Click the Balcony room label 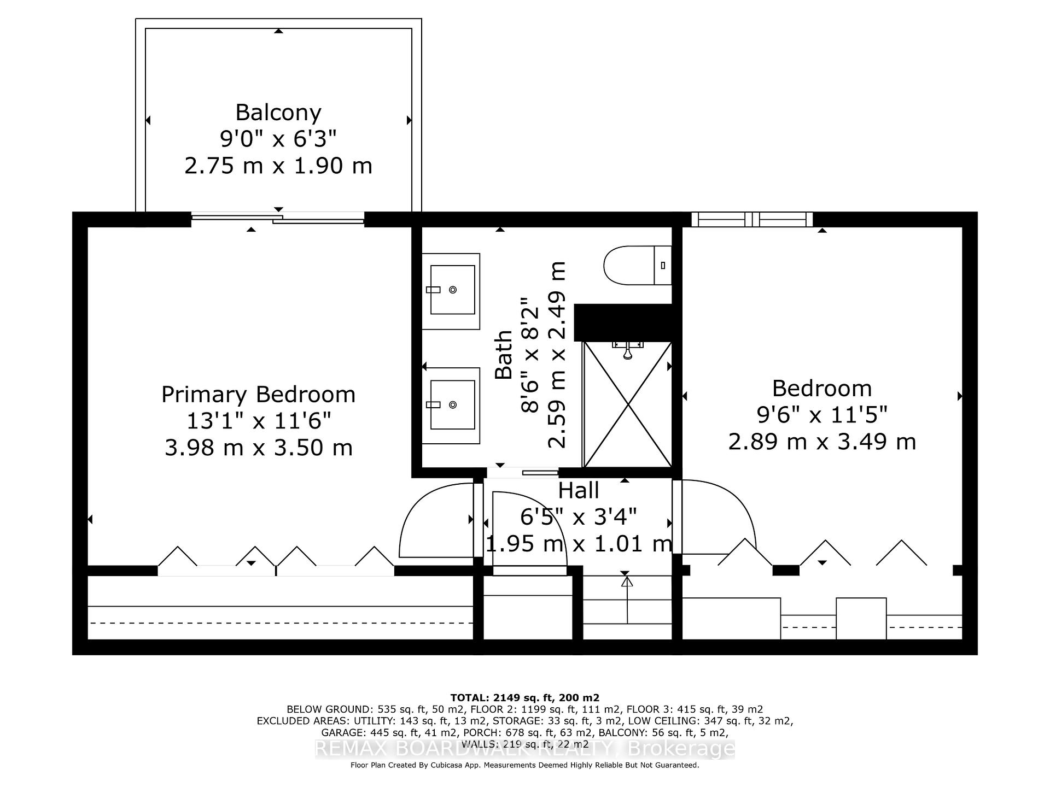[x=278, y=113]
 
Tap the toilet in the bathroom [x=637, y=266]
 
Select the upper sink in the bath [x=452, y=290]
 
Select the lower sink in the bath [x=452, y=405]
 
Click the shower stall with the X [x=627, y=404]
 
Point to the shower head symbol [x=628, y=351]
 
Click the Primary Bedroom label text [x=258, y=395]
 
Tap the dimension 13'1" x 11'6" [x=258, y=421]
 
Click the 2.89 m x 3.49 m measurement [x=821, y=442]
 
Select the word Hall [x=579, y=491]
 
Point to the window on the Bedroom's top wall [x=752, y=220]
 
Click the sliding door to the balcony [x=278, y=219]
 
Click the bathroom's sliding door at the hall [x=522, y=472]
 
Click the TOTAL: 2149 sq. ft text [x=524, y=698]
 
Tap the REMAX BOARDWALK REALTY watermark [x=524, y=749]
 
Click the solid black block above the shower [x=623, y=322]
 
